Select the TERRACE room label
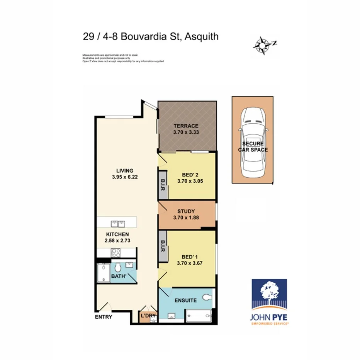coord(186,126)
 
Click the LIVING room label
coord(125,170)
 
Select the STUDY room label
coord(186,211)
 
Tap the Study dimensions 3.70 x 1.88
coord(186,218)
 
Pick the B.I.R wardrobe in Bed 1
coord(162,248)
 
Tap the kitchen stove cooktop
coord(116,253)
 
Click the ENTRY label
coord(104,317)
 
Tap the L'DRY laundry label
coord(148,316)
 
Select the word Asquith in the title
coord(202,37)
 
